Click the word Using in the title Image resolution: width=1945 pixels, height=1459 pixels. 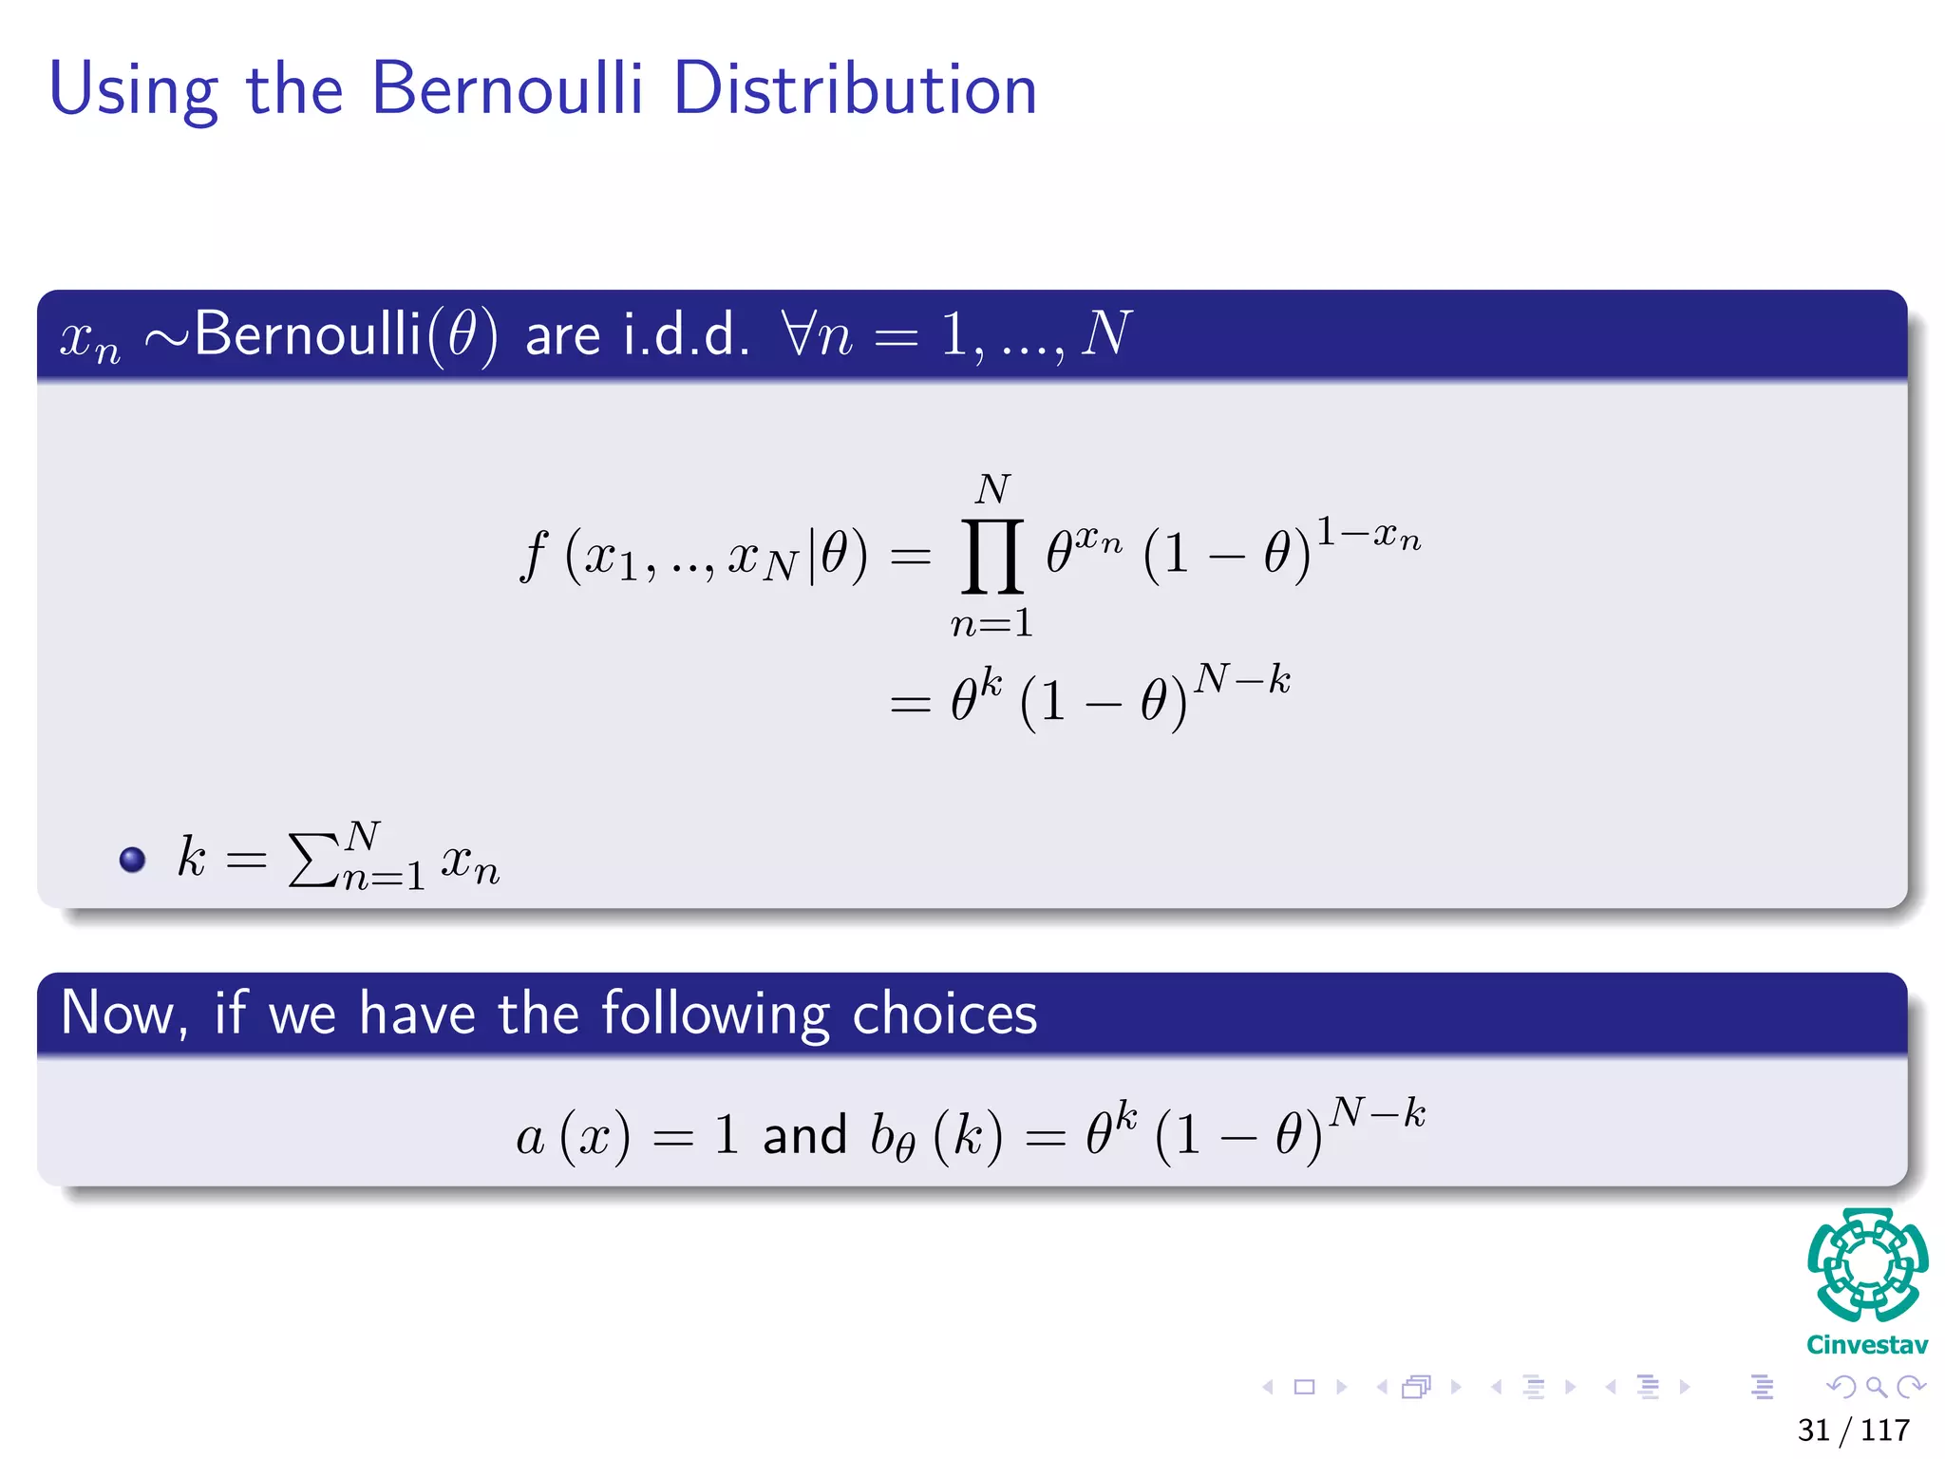133,90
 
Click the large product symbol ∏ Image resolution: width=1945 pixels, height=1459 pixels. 992,556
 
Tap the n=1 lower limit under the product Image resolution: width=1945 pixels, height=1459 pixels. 991,624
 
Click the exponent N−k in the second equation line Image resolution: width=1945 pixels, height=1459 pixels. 1242,680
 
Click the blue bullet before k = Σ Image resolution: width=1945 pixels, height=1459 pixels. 132,860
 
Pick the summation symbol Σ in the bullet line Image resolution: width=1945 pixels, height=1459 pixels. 312,860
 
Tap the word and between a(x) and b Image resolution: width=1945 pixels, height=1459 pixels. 804,1135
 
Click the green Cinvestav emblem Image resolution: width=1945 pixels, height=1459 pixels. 1867,1265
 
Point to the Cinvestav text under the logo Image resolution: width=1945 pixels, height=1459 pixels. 1867,1345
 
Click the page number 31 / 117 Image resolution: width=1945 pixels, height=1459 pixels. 1853,1430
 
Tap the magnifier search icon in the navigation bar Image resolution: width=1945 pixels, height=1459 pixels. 1876,1388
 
